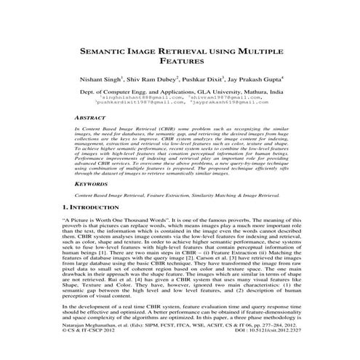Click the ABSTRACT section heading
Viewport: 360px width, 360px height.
click(92, 118)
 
